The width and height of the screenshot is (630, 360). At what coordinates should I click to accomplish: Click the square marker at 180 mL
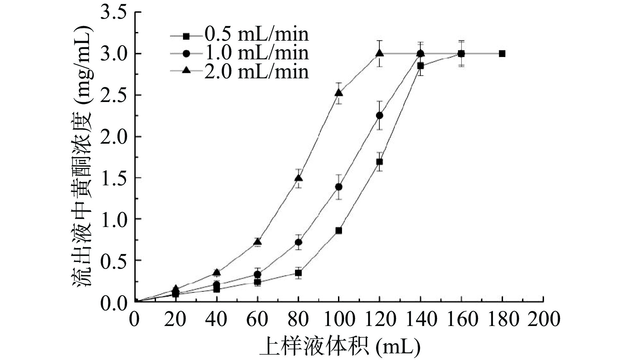[502, 54]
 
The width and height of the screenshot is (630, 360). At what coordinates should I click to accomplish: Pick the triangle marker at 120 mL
[379, 53]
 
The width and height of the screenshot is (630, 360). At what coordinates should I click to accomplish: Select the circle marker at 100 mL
[339, 187]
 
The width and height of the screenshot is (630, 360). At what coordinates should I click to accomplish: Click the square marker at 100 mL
[339, 230]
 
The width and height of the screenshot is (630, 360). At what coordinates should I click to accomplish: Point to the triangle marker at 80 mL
[298, 178]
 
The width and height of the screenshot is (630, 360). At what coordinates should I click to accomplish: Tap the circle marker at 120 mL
[379, 115]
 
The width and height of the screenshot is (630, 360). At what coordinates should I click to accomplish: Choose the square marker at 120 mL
[379, 162]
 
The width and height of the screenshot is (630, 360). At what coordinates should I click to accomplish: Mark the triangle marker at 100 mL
[339, 93]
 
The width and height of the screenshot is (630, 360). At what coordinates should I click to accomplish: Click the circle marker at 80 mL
[298, 242]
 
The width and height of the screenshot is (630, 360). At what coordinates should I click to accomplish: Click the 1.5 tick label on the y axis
[114, 178]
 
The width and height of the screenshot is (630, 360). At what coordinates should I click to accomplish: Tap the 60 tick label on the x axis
[257, 319]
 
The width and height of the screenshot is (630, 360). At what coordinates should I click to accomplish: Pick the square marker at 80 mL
[298, 273]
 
